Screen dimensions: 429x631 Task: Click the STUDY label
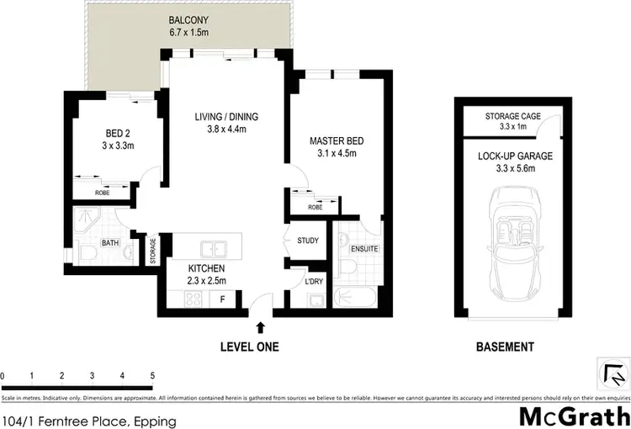pos(308,241)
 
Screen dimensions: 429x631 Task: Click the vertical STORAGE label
pos(153,251)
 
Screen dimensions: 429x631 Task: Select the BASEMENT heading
pos(505,347)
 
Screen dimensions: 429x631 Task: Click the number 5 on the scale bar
pos(152,375)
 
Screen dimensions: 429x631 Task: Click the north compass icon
pos(612,371)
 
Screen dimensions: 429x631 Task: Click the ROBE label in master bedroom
pos(315,207)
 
